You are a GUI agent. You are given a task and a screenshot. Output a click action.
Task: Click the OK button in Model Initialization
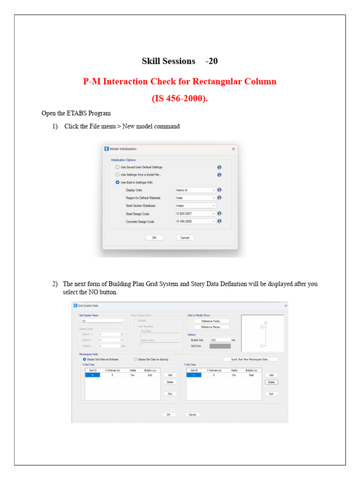[154, 238]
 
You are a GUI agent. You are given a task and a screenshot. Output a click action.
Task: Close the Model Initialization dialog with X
[233, 149]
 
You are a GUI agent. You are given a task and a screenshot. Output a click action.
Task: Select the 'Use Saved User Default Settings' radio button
[118, 167]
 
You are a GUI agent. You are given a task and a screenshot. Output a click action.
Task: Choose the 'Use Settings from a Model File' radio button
[118, 175]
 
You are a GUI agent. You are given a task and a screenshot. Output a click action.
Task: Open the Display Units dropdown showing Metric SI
[195, 190]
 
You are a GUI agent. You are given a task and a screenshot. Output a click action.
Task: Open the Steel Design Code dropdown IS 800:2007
[195, 213]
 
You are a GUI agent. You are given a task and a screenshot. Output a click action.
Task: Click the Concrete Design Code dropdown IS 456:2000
[195, 221]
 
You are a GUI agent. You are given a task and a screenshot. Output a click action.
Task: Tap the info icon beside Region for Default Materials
[219, 198]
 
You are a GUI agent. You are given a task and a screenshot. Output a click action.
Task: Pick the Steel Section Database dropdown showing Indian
[195, 206]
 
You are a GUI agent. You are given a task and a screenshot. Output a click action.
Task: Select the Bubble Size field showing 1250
[219, 340]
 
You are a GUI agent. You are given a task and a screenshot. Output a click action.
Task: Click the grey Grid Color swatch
[220, 346]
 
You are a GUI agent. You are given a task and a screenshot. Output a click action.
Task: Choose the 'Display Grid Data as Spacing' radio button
[136, 360]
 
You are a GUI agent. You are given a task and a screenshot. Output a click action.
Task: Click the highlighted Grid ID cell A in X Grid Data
[93, 375]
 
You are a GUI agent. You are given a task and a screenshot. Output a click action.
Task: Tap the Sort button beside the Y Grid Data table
[271, 394]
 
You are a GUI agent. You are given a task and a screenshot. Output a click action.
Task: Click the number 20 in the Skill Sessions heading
[213, 61]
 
